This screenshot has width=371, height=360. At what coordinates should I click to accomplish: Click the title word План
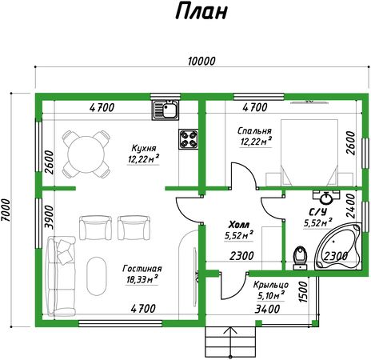tap(201, 11)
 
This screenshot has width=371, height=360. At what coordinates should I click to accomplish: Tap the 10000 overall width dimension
tap(201, 62)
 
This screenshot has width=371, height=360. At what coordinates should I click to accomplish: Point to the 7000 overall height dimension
tap(6, 210)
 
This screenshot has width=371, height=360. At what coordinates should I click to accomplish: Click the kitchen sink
tap(166, 110)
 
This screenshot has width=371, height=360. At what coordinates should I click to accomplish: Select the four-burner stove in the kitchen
tap(189, 139)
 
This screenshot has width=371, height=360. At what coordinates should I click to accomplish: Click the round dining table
tap(86, 154)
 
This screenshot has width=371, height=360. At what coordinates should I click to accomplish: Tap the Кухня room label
tap(144, 148)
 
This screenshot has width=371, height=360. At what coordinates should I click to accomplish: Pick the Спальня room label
tap(254, 130)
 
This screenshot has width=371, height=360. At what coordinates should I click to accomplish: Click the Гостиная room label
tap(142, 269)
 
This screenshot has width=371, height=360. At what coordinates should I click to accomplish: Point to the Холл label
tap(239, 225)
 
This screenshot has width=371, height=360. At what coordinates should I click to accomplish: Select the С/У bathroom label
tap(317, 212)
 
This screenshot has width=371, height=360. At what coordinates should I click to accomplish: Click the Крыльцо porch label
tap(271, 285)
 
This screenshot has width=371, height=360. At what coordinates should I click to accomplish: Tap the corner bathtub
tap(338, 246)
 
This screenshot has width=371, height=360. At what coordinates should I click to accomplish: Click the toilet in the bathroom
tap(300, 258)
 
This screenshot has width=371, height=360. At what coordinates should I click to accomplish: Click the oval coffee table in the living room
tap(97, 276)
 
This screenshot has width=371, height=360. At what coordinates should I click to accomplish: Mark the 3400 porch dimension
tap(267, 310)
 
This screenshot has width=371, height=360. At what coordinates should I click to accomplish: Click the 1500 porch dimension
tap(303, 292)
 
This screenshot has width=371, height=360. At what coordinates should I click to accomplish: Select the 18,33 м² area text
tap(142, 279)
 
